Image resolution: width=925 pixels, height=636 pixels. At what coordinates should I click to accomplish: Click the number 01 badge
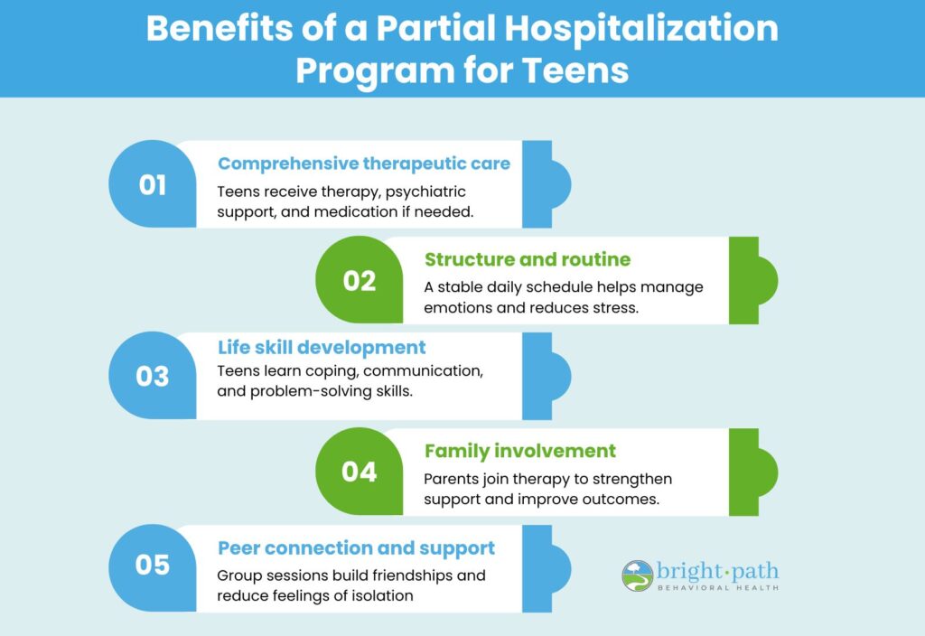(x=152, y=184)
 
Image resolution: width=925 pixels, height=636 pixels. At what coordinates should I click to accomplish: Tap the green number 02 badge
(x=360, y=280)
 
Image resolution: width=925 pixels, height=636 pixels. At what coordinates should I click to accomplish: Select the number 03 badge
(x=152, y=376)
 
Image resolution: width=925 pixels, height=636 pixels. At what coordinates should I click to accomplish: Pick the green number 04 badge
(x=360, y=472)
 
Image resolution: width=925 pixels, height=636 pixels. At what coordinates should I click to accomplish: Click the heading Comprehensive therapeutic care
(x=364, y=164)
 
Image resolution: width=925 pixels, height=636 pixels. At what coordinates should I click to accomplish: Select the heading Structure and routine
(x=528, y=259)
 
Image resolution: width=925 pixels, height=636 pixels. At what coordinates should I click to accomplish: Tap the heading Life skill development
(x=322, y=348)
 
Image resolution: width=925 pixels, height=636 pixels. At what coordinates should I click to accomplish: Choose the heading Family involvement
(x=519, y=451)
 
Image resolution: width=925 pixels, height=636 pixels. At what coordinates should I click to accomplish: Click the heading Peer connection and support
(x=356, y=548)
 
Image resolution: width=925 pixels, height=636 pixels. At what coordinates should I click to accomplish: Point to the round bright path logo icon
(x=638, y=575)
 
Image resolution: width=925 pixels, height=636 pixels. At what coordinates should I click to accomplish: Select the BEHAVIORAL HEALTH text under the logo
(x=718, y=587)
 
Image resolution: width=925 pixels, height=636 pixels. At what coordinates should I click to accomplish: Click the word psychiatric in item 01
(x=425, y=192)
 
